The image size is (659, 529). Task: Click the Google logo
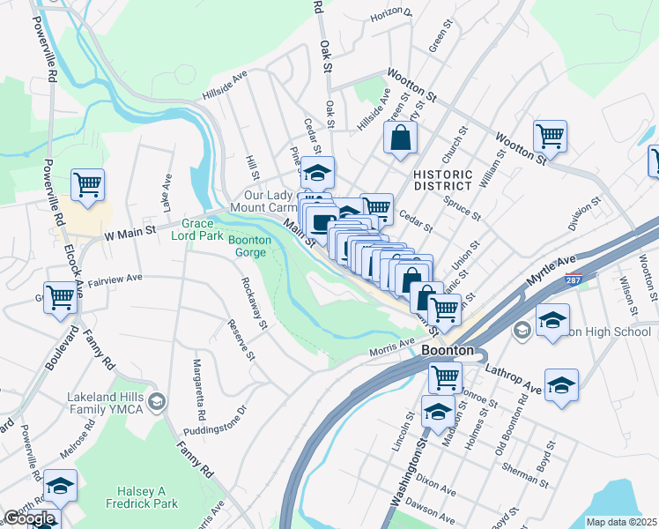click(29, 518)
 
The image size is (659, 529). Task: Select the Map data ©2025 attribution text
click(621, 522)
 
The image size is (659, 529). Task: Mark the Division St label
click(585, 213)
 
